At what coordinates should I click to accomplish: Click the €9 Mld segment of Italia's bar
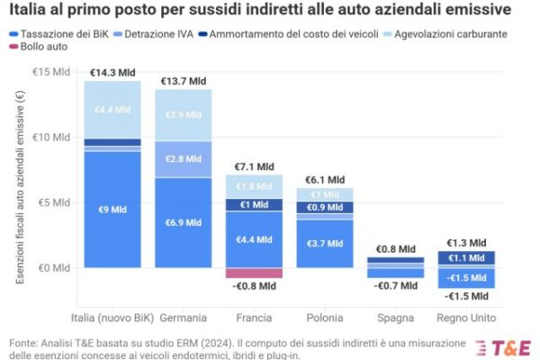tap(112, 210)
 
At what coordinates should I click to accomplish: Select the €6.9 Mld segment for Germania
tap(183, 222)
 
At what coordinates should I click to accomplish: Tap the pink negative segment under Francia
tap(253, 273)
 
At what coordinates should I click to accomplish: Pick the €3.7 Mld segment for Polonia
tap(323, 244)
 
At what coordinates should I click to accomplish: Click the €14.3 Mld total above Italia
tap(112, 72)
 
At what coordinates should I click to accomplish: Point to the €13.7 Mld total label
tap(183, 81)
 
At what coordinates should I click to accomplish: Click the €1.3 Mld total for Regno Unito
tap(464, 242)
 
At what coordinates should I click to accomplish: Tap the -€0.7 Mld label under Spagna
tap(394, 285)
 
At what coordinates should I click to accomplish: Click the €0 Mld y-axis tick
tap(54, 267)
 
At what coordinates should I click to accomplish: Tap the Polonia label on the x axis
tap(323, 318)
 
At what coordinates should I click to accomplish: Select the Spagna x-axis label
tap(394, 318)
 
